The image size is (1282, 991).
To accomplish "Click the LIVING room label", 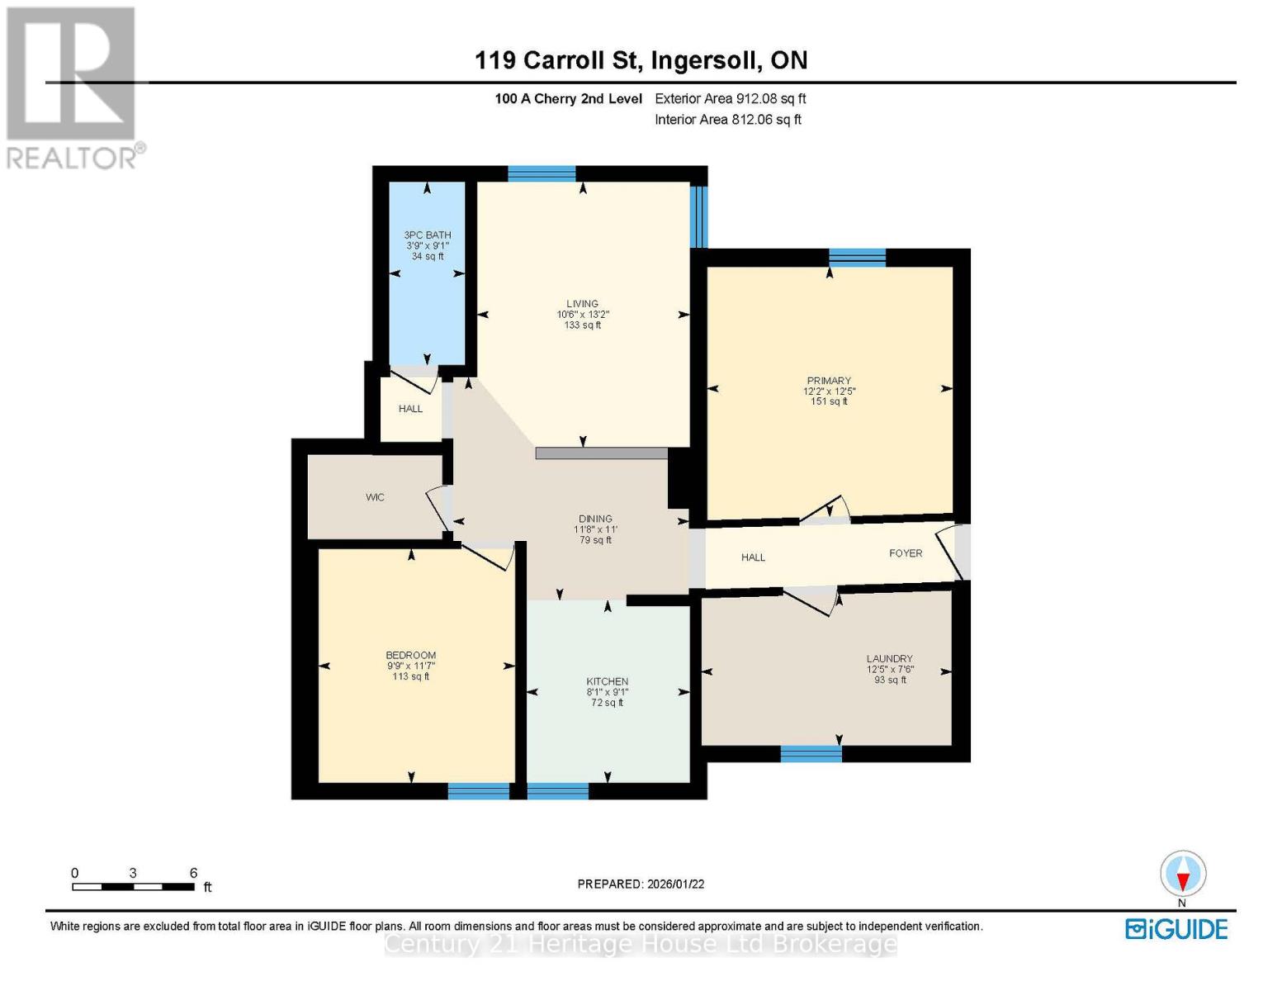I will [582, 304].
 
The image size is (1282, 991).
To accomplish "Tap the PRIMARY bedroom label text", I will [829, 381].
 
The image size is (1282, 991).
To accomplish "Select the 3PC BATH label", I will [427, 235].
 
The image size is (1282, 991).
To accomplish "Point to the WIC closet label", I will [375, 497].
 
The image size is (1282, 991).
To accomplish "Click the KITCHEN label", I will [607, 682].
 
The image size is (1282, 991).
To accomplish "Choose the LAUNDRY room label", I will [890, 659].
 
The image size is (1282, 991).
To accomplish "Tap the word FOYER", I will [906, 553].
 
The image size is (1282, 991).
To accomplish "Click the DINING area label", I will [595, 519].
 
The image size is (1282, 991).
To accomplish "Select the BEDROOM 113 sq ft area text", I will [410, 676].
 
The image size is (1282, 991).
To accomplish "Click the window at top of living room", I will [542, 173].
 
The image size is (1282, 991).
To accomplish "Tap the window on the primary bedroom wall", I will [857, 257].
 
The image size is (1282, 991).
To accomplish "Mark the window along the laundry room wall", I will [811, 753].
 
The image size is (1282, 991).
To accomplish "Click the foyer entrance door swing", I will [950, 552].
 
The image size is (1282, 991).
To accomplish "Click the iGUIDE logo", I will [1176, 929].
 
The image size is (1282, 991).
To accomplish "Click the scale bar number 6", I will [193, 873].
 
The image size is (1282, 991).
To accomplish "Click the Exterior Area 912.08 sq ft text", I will [730, 98].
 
